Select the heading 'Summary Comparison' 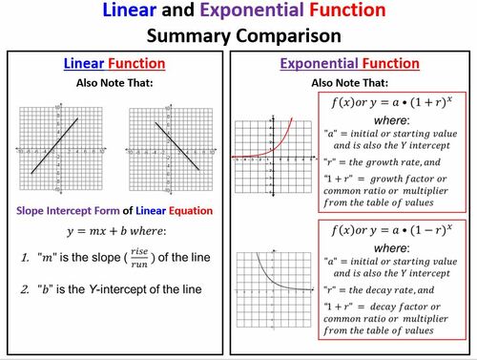pos(238,37)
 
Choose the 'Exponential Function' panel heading pos(349,64)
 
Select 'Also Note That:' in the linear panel pos(114,83)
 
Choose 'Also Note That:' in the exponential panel pos(349,83)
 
